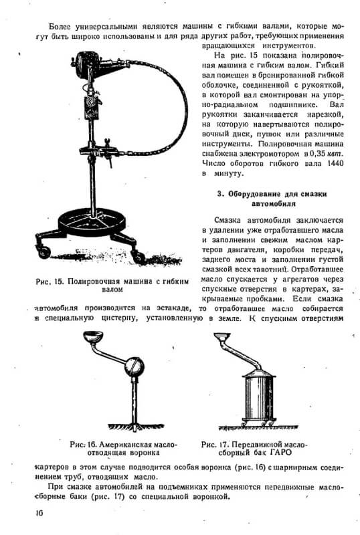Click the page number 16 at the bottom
pyautogui.click(x=39, y=513)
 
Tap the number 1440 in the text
pyautogui.click(x=335, y=163)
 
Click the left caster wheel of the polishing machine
pyautogui.click(x=44, y=252)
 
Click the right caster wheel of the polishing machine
pyautogui.click(x=139, y=257)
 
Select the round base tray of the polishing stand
pyautogui.click(x=92, y=222)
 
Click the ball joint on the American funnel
pyautogui.click(x=134, y=366)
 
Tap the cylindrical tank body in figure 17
pyautogui.click(x=258, y=396)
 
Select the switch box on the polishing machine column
pyautogui.click(x=92, y=107)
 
